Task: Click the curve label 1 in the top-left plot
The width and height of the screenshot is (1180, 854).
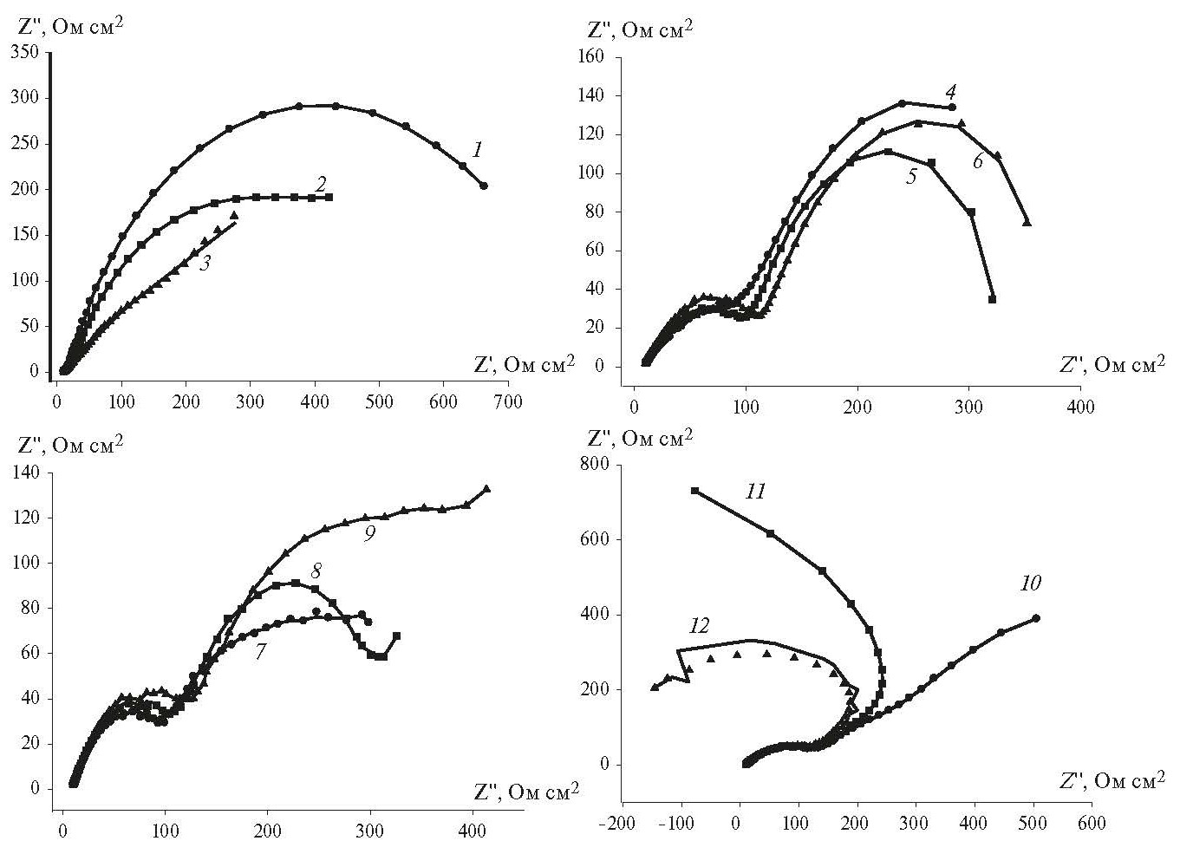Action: (476, 150)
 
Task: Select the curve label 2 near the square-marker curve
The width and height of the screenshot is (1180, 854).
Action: (321, 183)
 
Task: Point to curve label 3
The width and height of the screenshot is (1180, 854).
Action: (205, 263)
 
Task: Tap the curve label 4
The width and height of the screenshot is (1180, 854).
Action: (950, 91)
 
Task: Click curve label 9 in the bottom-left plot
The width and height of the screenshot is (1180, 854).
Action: (368, 534)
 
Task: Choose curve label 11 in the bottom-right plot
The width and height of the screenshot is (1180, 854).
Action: (755, 492)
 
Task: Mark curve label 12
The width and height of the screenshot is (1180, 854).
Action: (700, 626)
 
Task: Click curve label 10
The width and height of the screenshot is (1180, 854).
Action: (1030, 583)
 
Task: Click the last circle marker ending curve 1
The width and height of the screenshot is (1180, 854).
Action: (484, 186)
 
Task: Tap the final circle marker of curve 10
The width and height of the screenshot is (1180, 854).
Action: (1036, 618)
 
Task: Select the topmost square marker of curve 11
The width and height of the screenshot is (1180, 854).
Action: (694, 491)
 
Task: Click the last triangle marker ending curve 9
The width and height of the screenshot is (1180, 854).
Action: (486, 489)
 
